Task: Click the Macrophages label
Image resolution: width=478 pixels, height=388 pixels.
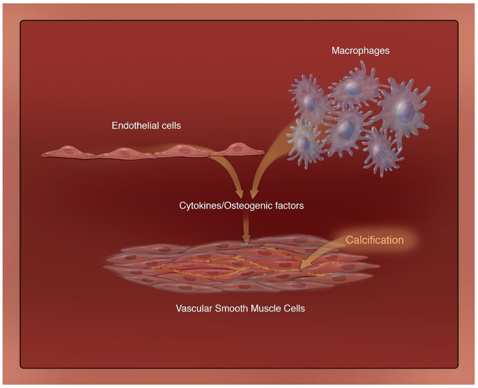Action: pos(360,51)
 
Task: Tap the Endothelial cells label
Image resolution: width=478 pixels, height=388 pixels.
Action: pos(146,126)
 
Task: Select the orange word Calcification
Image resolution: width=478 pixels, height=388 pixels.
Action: pos(374,240)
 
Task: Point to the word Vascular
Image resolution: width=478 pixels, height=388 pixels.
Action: pos(194,308)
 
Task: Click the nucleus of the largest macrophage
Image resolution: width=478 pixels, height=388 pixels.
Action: pos(406,112)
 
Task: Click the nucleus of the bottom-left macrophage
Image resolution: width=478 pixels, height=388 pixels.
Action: pos(305,143)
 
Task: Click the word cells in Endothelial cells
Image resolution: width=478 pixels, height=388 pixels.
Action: pos(171,126)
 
